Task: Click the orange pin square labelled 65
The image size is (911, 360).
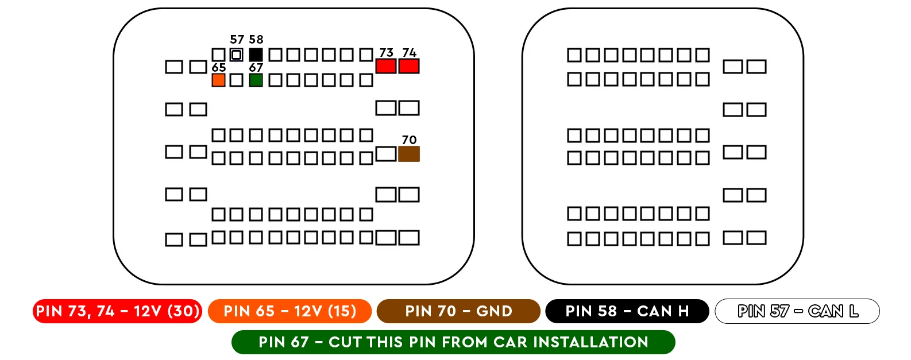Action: coord(218,80)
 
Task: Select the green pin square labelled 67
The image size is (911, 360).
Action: coord(256,80)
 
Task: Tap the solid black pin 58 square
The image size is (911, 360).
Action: coord(256,55)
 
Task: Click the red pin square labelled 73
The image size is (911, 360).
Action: coord(385,66)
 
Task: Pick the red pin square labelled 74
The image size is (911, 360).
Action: coord(409,66)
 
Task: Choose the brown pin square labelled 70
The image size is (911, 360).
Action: coord(409,154)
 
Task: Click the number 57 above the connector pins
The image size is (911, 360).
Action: coord(237,40)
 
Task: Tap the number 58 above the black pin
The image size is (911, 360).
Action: coord(256,40)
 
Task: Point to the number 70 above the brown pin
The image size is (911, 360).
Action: coord(409,140)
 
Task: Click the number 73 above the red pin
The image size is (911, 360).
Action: coord(387,53)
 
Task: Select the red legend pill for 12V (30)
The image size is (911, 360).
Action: coord(118,311)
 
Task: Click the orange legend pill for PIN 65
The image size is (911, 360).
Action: coord(289,311)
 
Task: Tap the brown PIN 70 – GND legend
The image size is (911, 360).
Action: coord(458,311)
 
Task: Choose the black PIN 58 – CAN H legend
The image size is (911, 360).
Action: coord(627,311)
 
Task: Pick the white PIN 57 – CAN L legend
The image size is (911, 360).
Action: coord(797,311)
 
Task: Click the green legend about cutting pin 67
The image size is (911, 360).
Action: coord(453,342)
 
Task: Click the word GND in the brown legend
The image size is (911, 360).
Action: coord(494,311)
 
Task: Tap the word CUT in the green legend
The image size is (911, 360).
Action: coord(346,342)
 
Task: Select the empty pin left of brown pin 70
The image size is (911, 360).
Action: coord(385,154)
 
